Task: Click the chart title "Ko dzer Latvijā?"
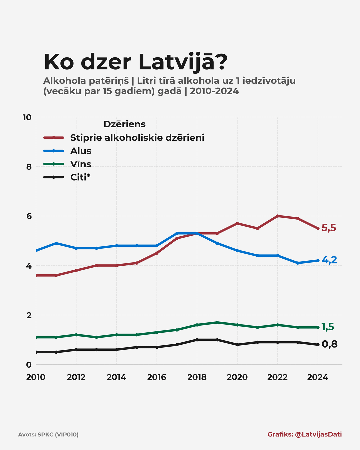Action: [x=135, y=62]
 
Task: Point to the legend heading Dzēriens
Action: [x=124, y=124]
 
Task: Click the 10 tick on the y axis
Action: [x=27, y=117]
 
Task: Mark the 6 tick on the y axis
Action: [x=29, y=216]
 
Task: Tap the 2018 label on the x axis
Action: [x=197, y=377]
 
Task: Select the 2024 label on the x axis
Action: [x=317, y=377]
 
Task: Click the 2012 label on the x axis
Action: [x=76, y=377]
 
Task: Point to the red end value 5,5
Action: [x=329, y=228]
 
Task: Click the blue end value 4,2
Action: [x=329, y=260]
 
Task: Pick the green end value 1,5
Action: [x=328, y=327]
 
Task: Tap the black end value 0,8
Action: [x=329, y=344]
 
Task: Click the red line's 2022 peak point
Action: [x=277, y=216]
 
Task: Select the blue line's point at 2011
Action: [x=56, y=243]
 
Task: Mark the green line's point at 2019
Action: [x=217, y=322]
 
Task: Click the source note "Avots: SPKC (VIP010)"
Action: [x=48, y=435]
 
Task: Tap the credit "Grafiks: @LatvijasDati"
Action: [x=304, y=434]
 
